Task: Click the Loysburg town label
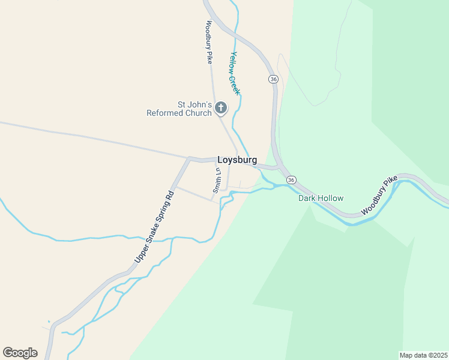(237, 160)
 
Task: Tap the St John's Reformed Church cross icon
(221, 108)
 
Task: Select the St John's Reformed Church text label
(179, 108)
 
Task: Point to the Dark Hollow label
(321, 198)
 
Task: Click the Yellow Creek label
(235, 73)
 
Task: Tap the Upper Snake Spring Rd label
(154, 226)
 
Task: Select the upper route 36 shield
(274, 79)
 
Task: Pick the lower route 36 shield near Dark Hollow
(291, 180)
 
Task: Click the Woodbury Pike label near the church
(209, 43)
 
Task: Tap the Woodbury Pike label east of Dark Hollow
(379, 196)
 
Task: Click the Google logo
(20, 353)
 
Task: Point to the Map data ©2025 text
(423, 355)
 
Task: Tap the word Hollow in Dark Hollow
(331, 198)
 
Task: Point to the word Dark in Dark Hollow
(307, 198)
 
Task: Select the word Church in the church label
(200, 113)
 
